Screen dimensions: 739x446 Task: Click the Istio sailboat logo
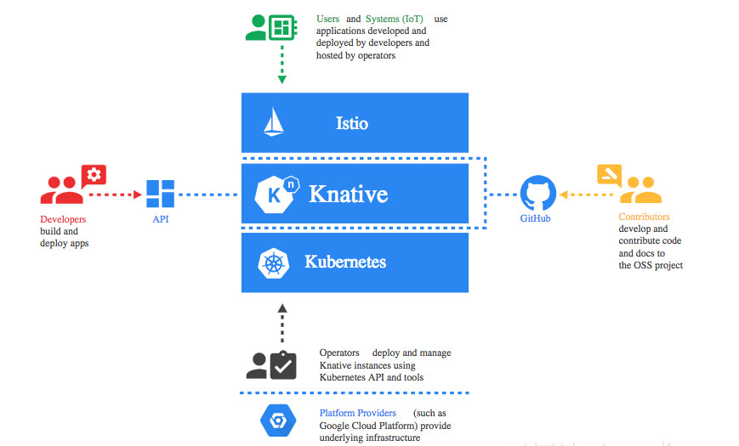point(273,122)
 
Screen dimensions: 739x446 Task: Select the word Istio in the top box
point(351,123)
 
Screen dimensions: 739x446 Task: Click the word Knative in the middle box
point(348,195)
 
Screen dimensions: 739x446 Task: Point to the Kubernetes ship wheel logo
point(274,263)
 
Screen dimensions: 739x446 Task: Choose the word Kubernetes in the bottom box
point(345,262)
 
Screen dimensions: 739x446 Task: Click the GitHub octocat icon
point(537,194)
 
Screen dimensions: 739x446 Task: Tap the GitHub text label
point(536,219)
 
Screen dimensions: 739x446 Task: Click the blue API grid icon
point(161,194)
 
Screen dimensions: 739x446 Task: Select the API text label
point(161,219)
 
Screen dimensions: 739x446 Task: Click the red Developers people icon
point(62,191)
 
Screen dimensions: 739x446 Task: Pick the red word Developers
point(63,219)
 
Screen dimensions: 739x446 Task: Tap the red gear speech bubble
point(94,175)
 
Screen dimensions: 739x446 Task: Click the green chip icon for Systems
point(281,26)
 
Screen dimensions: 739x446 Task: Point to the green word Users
point(327,19)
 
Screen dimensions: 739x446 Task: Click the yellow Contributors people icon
point(640,190)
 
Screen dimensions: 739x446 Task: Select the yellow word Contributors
point(644,217)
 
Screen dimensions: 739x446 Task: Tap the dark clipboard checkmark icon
point(282,364)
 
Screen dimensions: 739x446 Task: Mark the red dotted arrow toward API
point(116,195)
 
